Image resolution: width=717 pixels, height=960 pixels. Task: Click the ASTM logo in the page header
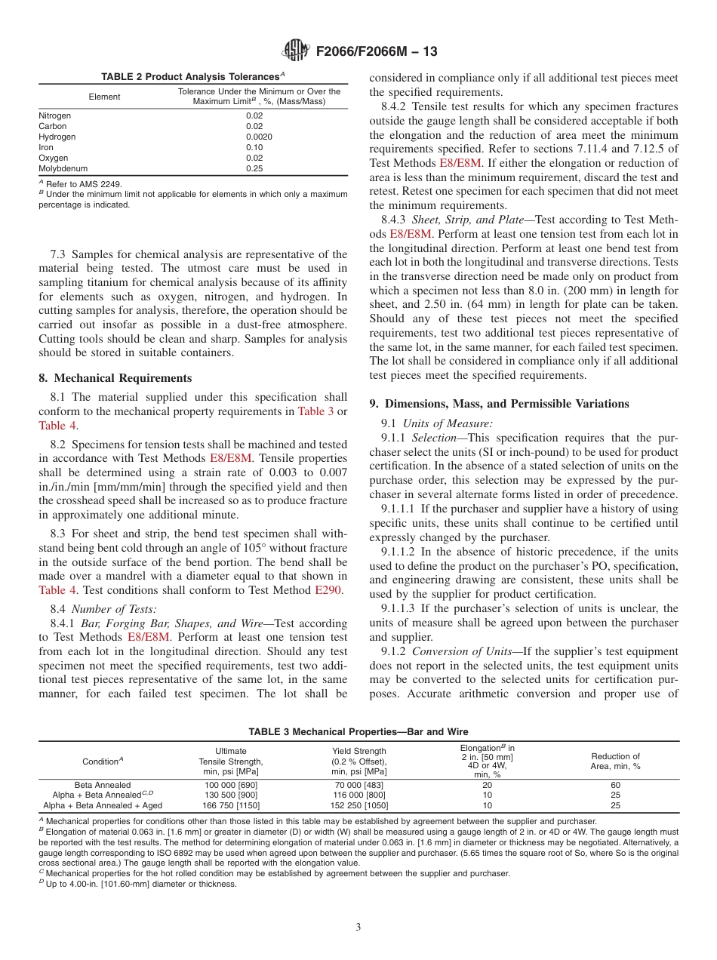click(295, 51)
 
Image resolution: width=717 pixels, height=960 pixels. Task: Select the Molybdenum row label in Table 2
click(63, 169)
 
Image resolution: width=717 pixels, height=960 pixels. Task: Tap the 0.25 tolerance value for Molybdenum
click(254, 169)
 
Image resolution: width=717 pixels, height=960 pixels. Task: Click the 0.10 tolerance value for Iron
click(254, 148)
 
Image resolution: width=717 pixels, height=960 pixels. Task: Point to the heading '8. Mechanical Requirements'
click(115, 378)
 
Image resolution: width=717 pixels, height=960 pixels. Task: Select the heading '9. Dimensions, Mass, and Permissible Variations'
click(499, 404)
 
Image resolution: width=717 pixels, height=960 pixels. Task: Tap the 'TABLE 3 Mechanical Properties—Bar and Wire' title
click(358, 732)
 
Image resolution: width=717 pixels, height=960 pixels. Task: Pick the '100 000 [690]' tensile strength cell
click(226, 785)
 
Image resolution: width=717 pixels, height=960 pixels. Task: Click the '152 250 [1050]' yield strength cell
click(359, 805)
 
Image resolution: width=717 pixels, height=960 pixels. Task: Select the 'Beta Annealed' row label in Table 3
click(102, 785)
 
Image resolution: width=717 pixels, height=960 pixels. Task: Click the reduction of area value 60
click(615, 785)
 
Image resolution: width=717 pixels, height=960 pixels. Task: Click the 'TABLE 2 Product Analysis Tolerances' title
click(193, 77)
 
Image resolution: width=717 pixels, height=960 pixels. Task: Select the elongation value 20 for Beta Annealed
click(487, 785)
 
